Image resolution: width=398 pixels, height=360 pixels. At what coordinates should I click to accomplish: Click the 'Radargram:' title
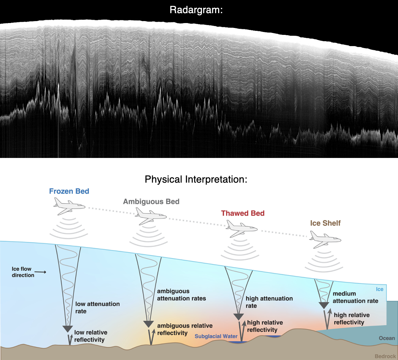point(196,10)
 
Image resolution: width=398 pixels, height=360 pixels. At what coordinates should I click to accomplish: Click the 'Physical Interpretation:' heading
point(196,179)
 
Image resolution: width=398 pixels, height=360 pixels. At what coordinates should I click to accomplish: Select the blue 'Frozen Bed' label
point(69,191)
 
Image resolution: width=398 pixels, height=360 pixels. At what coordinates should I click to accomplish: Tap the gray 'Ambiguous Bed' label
point(151,201)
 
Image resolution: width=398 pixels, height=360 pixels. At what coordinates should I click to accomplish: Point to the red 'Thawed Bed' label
point(243,213)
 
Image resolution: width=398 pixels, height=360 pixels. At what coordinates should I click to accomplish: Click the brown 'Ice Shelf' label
point(325,223)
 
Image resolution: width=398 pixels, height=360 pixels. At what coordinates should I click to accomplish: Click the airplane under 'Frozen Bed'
point(69,206)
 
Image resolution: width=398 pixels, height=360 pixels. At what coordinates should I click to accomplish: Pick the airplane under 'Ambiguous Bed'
point(151,216)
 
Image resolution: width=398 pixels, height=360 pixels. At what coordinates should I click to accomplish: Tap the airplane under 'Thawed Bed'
point(242,228)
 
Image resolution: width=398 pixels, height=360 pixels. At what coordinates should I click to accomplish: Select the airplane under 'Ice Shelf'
point(325,239)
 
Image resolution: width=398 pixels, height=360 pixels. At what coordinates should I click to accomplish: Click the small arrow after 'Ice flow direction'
point(41,272)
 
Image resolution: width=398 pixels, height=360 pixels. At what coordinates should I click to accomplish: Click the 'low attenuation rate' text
point(97,307)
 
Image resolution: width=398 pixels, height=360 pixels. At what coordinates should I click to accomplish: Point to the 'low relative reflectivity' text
point(90,336)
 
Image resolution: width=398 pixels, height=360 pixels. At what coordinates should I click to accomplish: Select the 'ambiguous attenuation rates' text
point(181,295)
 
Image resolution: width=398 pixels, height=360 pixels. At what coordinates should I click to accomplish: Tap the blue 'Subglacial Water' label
point(216,336)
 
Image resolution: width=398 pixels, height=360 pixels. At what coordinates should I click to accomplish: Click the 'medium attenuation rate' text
point(355,297)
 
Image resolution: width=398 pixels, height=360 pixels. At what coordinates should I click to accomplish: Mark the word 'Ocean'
point(386,338)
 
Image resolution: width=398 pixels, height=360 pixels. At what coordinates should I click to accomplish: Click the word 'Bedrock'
point(385,356)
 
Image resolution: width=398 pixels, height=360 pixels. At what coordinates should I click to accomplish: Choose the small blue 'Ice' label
point(380,289)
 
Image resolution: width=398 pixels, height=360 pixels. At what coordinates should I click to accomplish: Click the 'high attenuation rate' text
point(269,302)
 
